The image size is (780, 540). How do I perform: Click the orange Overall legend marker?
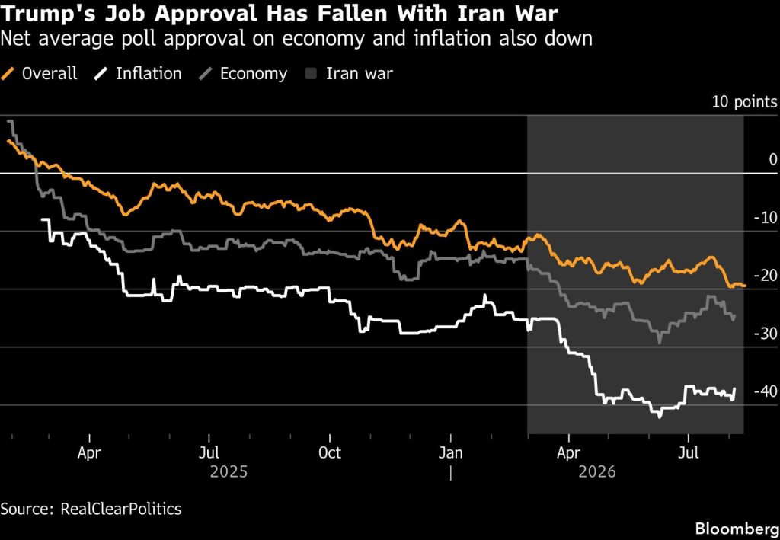tap(8, 74)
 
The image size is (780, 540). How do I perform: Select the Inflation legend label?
tap(149, 74)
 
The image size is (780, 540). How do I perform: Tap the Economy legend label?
tap(254, 74)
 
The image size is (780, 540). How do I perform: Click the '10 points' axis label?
tap(744, 102)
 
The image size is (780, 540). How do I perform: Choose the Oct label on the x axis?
tap(330, 453)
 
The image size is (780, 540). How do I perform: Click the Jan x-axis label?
tap(451, 453)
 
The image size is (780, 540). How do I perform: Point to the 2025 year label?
tap(229, 471)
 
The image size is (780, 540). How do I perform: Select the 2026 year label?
tap(597, 471)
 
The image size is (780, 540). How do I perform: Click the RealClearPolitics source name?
tap(121, 510)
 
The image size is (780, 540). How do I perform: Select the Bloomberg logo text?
tap(737, 528)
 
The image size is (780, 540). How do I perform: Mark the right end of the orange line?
tap(745, 286)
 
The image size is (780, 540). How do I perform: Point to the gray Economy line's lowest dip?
tap(660, 343)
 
